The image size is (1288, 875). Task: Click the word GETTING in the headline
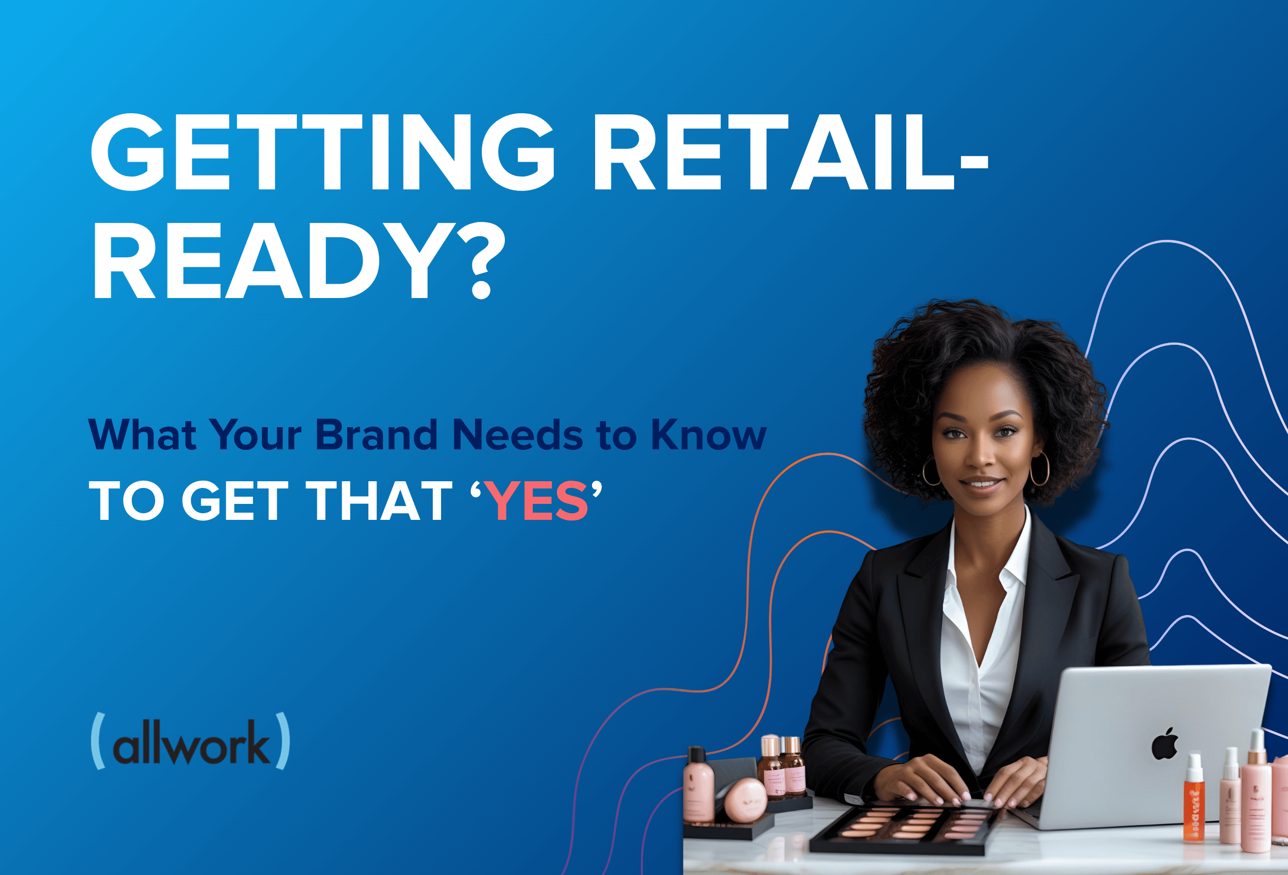(x=323, y=152)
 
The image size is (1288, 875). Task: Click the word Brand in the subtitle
(x=377, y=435)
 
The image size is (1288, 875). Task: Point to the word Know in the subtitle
(x=708, y=435)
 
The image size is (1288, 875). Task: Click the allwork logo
(x=190, y=741)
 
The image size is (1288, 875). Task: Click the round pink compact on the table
(x=745, y=800)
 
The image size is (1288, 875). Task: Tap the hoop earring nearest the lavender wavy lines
(x=1040, y=469)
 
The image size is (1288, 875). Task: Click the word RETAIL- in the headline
(x=791, y=152)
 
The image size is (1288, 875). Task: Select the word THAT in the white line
(x=379, y=501)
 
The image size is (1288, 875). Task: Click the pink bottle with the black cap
(x=698, y=783)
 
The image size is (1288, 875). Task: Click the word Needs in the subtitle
(x=518, y=435)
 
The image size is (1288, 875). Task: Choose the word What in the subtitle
(x=142, y=435)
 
